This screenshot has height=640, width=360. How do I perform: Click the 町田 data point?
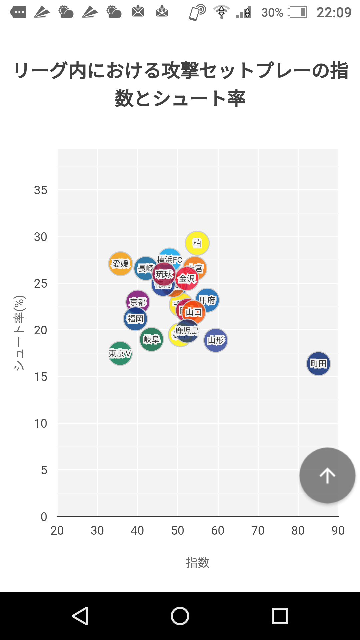click(318, 364)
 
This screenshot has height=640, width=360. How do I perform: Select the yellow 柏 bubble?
click(197, 243)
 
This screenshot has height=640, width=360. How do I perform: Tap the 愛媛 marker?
click(120, 264)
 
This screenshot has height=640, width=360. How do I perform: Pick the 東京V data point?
click(120, 353)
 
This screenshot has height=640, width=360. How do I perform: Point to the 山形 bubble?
click(216, 340)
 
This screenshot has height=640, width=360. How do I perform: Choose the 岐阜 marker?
click(151, 340)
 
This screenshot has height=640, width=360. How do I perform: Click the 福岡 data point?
click(135, 319)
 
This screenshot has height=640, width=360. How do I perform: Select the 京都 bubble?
click(137, 302)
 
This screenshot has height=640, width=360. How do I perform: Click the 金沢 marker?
click(187, 279)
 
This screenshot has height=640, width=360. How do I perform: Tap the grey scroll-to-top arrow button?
click(327, 475)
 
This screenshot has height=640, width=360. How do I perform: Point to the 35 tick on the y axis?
click(41, 190)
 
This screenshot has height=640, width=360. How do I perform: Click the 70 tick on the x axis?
click(258, 530)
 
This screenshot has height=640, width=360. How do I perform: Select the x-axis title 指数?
click(197, 563)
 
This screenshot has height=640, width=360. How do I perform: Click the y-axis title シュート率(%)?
click(19, 333)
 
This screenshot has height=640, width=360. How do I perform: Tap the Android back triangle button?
click(80, 616)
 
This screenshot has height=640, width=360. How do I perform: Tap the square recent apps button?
click(280, 616)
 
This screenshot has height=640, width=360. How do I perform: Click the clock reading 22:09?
click(334, 13)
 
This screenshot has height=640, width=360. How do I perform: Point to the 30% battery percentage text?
click(272, 13)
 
